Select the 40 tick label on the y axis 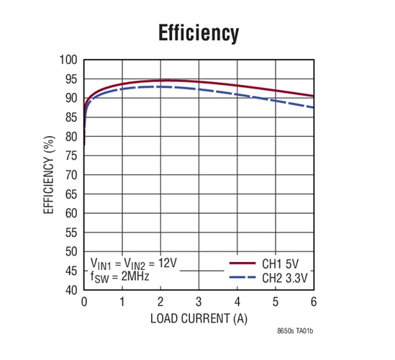pyautogui.click(x=72, y=290)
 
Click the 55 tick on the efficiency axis pyautogui.click(x=72, y=233)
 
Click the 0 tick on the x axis pyautogui.click(x=84, y=301)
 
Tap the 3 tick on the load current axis pyautogui.click(x=199, y=301)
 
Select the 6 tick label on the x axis pyautogui.click(x=313, y=301)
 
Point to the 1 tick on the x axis pyautogui.click(x=122, y=301)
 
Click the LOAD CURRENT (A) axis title pyautogui.click(x=199, y=318)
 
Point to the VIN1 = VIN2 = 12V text pyautogui.click(x=134, y=263)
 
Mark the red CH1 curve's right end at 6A pyautogui.click(x=312, y=96)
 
